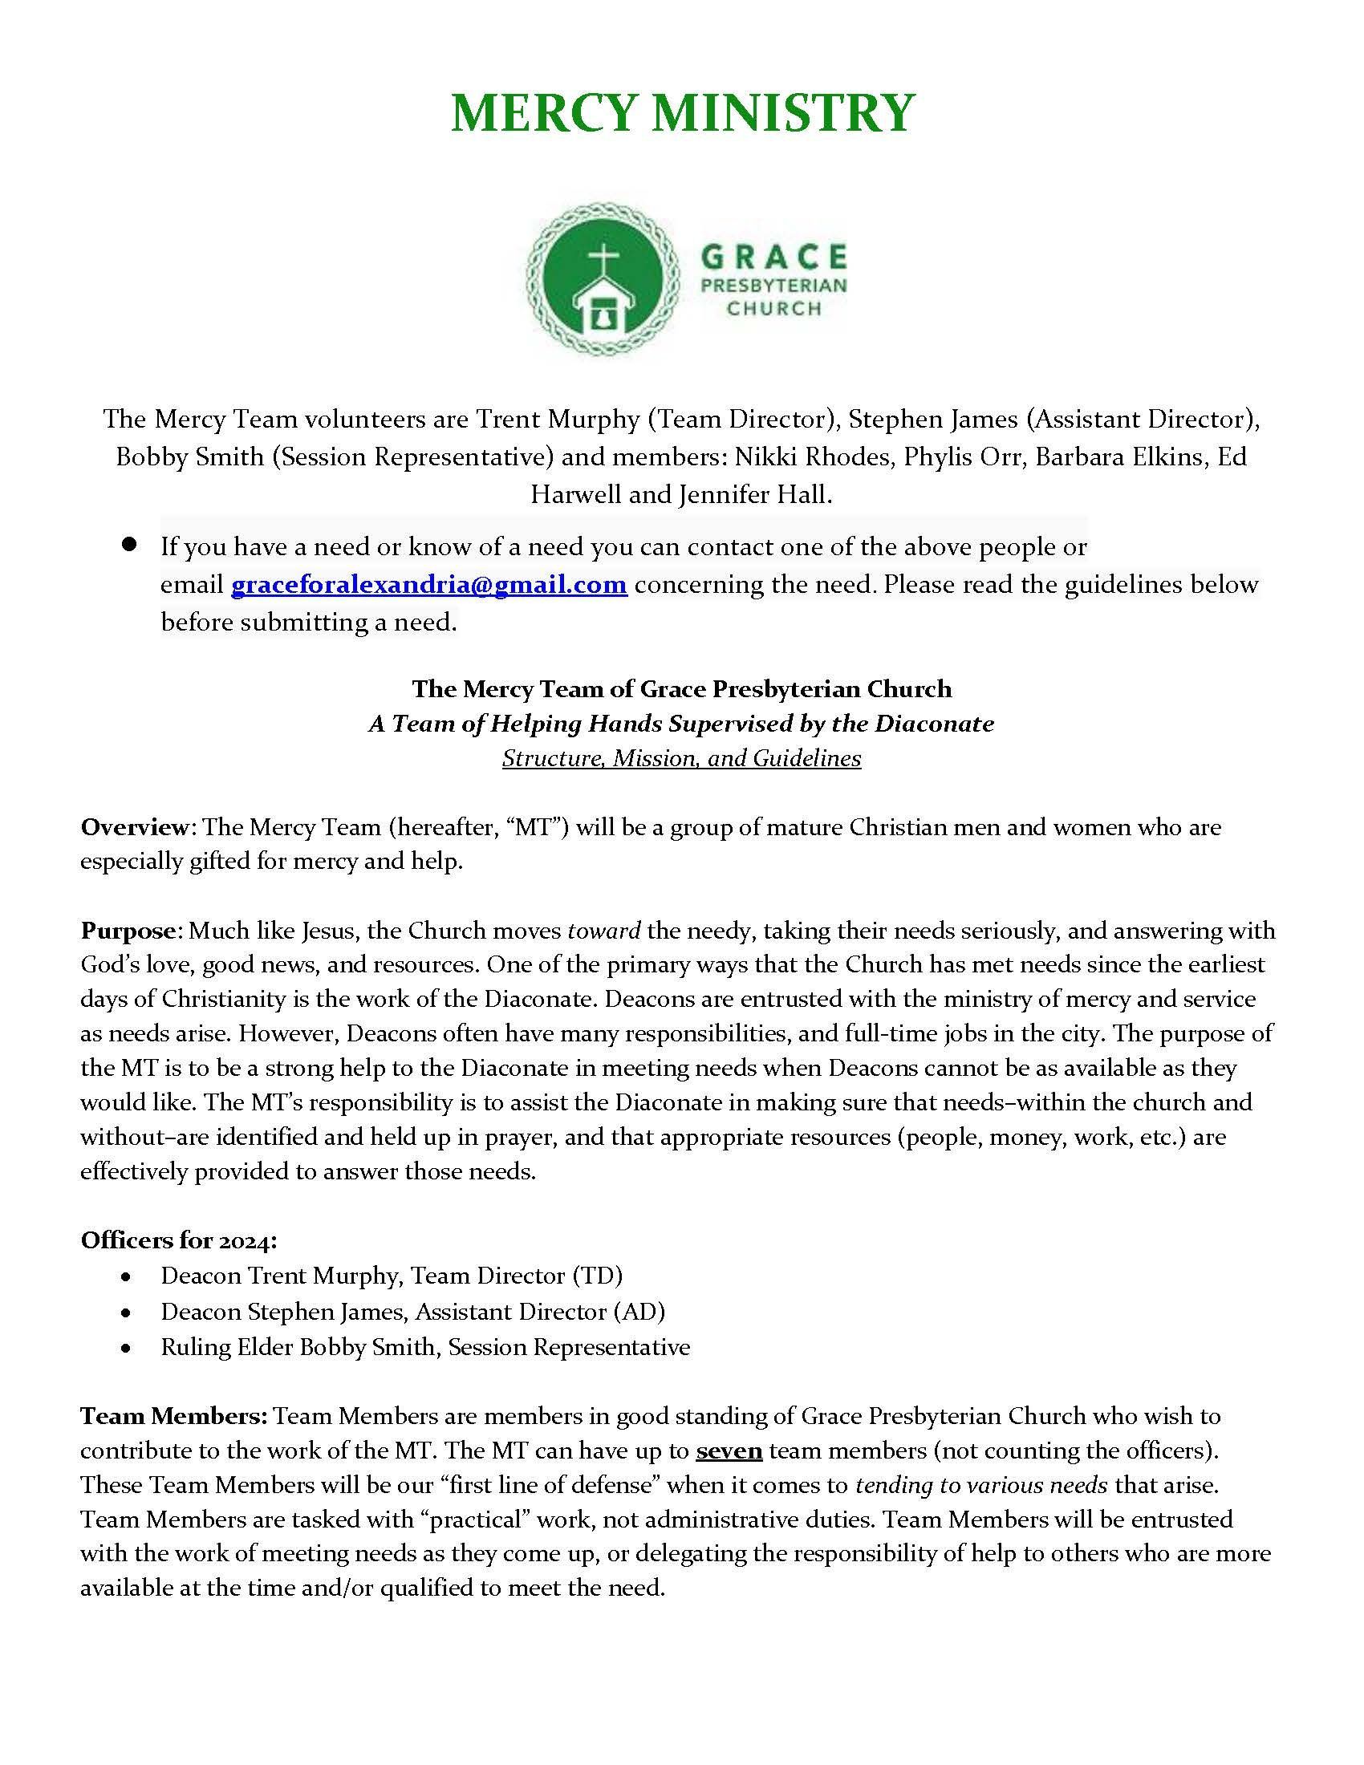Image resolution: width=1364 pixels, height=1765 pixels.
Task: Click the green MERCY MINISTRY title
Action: (682, 112)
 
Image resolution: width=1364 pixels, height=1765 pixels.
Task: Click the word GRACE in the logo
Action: (773, 258)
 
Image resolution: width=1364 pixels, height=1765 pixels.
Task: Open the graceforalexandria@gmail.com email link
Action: (429, 584)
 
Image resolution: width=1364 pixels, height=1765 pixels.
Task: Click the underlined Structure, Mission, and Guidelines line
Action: (681, 758)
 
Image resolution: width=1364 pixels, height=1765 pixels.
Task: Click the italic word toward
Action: (603, 930)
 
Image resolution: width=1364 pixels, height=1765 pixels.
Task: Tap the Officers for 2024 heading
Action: (179, 1240)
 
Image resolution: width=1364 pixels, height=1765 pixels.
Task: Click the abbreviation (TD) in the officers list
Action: (597, 1276)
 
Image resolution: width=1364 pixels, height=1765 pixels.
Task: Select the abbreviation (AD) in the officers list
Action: (639, 1311)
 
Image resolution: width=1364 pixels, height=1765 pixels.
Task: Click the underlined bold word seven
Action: (729, 1451)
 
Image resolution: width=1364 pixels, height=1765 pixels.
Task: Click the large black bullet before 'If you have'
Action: (128, 545)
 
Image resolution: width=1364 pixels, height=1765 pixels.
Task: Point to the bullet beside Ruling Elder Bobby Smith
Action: (125, 1348)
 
